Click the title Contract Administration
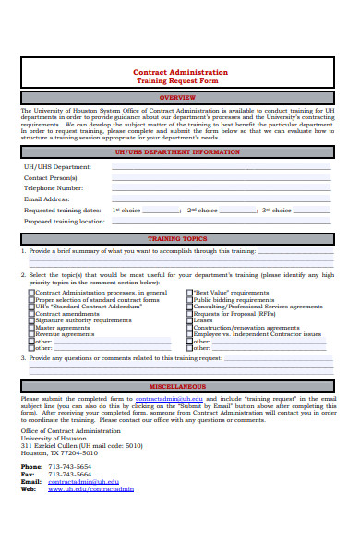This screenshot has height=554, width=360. [180, 72]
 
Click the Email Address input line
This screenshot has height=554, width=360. [222, 199]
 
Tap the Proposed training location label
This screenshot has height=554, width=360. [65, 222]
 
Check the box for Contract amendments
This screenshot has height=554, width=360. [31, 313]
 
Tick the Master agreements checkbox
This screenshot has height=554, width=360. [31, 327]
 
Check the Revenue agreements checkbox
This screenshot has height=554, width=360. [31, 333]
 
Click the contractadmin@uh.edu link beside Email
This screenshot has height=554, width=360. [83, 481]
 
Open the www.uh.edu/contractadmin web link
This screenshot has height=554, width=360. [90, 488]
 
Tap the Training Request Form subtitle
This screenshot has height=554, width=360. [180, 81]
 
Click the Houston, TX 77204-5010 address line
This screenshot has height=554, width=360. [58, 452]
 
